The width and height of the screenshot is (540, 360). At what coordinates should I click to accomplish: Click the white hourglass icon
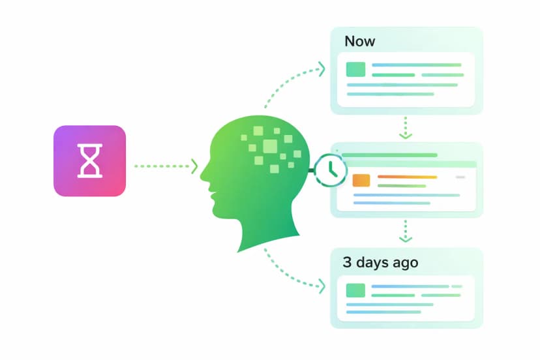click(x=89, y=161)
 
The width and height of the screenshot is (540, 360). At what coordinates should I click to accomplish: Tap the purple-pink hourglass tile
click(x=89, y=161)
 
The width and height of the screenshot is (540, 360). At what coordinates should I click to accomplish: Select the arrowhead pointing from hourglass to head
click(x=194, y=166)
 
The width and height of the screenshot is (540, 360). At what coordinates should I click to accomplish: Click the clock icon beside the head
click(x=330, y=170)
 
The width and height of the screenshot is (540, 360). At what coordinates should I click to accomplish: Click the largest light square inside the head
click(x=270, y=146)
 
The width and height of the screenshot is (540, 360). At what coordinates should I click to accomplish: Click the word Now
click(x=359, y=41)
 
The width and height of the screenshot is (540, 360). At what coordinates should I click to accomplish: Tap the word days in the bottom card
click(x=373, y=263)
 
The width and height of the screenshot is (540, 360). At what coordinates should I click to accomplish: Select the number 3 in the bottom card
click(x=347, y=262)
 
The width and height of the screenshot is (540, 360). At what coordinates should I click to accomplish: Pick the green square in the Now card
click(x=355, y=69)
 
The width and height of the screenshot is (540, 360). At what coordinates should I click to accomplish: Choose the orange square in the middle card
click(x=361, y=181)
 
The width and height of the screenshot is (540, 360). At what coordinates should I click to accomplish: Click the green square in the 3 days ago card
click(x=355, y=290)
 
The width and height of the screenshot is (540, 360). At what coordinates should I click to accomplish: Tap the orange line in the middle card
click(x=408, y=177)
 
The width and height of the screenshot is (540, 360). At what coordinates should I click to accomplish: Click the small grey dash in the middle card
click(x=460, y=177)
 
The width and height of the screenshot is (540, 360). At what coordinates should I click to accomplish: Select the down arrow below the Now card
click(x=406, y=128)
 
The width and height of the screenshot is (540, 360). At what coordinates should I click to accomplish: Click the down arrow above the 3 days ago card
click(x=406, y=231)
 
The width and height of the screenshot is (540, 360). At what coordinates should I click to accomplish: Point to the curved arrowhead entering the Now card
click(x=322, y=69)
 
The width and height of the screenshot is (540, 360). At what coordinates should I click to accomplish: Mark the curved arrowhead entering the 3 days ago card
click(x=322, y=286)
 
